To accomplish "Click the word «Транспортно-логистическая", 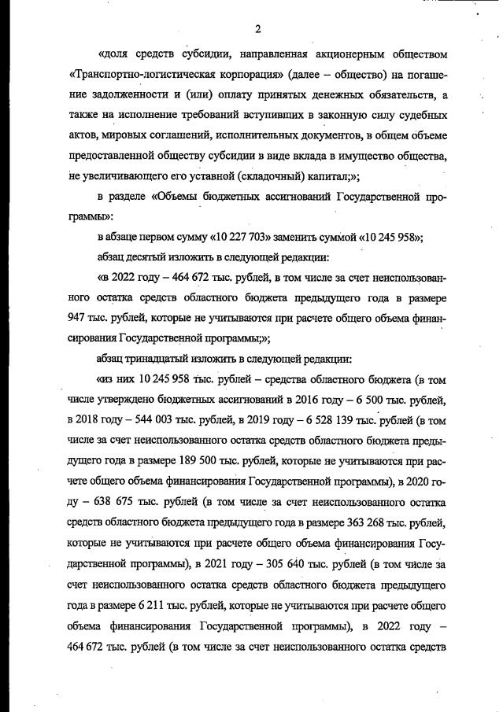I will click(135, 75).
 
